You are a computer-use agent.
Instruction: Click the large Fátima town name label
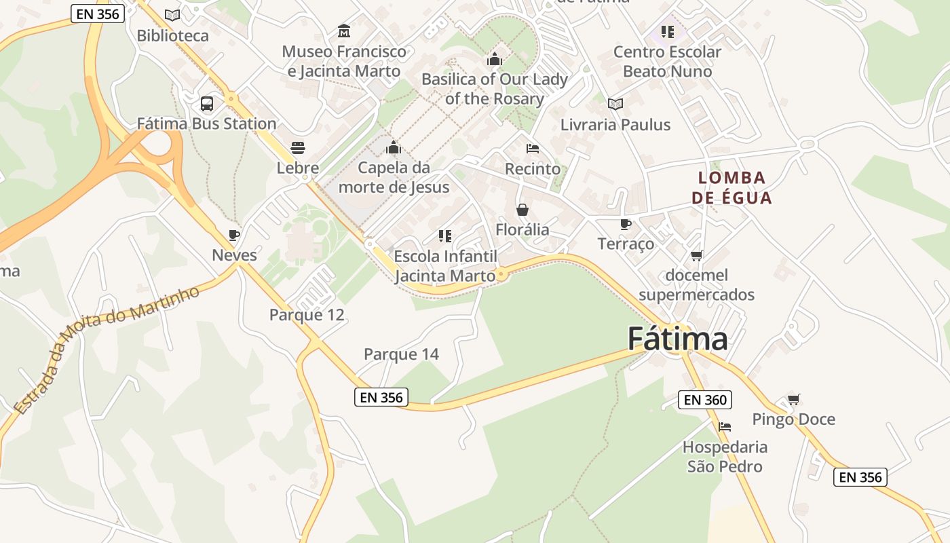pos(677,339)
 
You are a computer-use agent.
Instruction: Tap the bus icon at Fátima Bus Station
pos(207,104)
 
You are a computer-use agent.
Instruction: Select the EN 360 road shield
pos(706,400)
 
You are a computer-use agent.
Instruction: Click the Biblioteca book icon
pos(172,15)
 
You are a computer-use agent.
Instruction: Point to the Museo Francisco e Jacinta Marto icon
pos(344,31)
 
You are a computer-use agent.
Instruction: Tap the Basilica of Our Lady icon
pos(495,60)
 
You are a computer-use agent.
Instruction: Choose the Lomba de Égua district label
pos(731,187)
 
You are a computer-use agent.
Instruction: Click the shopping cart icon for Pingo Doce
pos(793,399)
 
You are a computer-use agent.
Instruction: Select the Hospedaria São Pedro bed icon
pos(725,427)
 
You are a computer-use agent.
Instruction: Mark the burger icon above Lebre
pos(297,147)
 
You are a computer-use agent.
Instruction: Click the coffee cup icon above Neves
pos(234,236)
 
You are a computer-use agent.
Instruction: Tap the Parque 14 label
pos(401,354)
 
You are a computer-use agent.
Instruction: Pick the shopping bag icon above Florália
pos(522,210)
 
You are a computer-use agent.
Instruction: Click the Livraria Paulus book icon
pos(615,104)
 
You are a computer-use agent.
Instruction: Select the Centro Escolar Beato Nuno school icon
pos(668,31)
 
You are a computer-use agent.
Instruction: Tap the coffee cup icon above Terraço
pos(626,224)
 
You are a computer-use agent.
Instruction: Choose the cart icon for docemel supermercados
pos(696,255)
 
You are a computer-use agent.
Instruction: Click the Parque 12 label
pos(307,314)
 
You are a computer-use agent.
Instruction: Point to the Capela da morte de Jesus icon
pos(394,147)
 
